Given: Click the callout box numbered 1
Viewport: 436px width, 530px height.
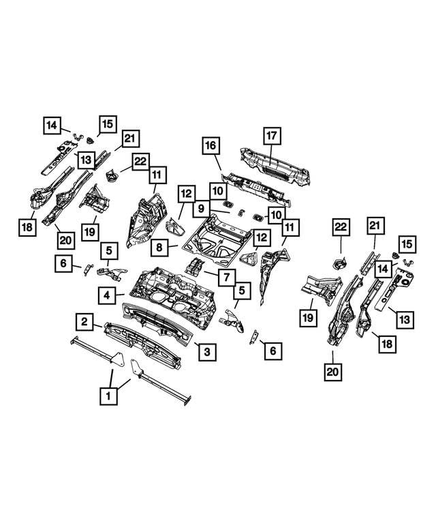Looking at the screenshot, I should tap(106, 396).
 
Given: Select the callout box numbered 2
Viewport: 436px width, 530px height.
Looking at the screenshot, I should tap(84, 321).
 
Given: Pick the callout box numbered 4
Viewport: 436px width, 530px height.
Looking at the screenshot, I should tap(108, 295).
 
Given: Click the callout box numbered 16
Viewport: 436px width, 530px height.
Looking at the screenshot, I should tap(211, 146).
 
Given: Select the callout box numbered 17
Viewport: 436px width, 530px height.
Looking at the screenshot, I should tap(270, 136).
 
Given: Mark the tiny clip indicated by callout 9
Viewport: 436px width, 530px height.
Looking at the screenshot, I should tap(240, 213).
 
